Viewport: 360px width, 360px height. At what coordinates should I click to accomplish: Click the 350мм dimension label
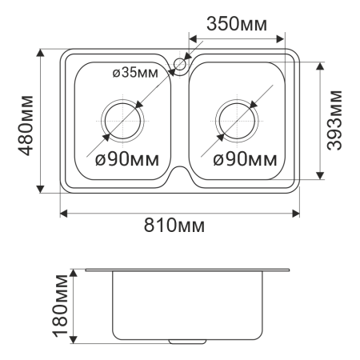(x=236, y=24)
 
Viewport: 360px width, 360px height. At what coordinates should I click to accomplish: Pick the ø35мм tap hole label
(x=135, y=73)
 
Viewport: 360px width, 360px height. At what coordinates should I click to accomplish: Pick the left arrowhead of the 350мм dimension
(x=192, y=37)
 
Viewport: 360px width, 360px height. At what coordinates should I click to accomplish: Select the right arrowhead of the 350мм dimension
(x=281, y=37)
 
